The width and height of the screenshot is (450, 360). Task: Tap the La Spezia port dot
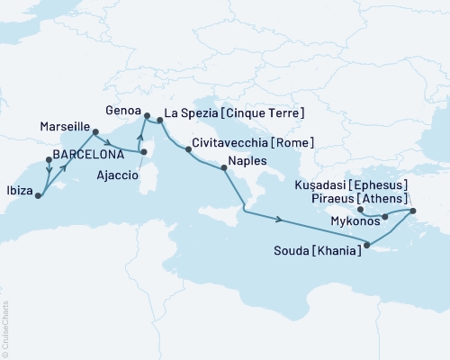160,119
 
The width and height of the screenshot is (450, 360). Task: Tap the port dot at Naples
224,167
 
